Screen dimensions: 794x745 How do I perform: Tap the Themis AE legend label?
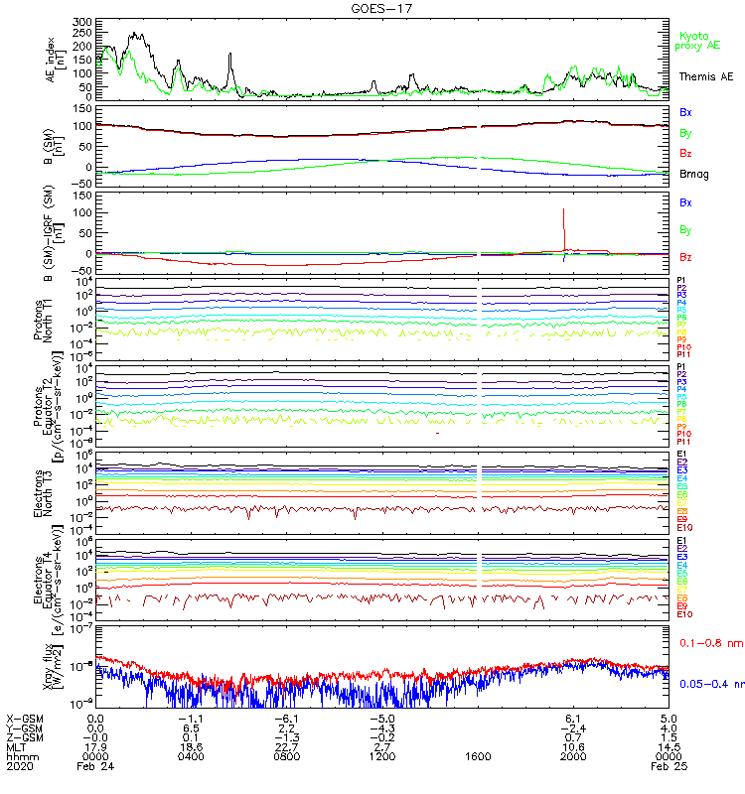706,75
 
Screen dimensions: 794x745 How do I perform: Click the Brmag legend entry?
693,174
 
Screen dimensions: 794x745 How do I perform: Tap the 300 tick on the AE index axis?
82,21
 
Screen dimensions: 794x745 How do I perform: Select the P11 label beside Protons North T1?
682,354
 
